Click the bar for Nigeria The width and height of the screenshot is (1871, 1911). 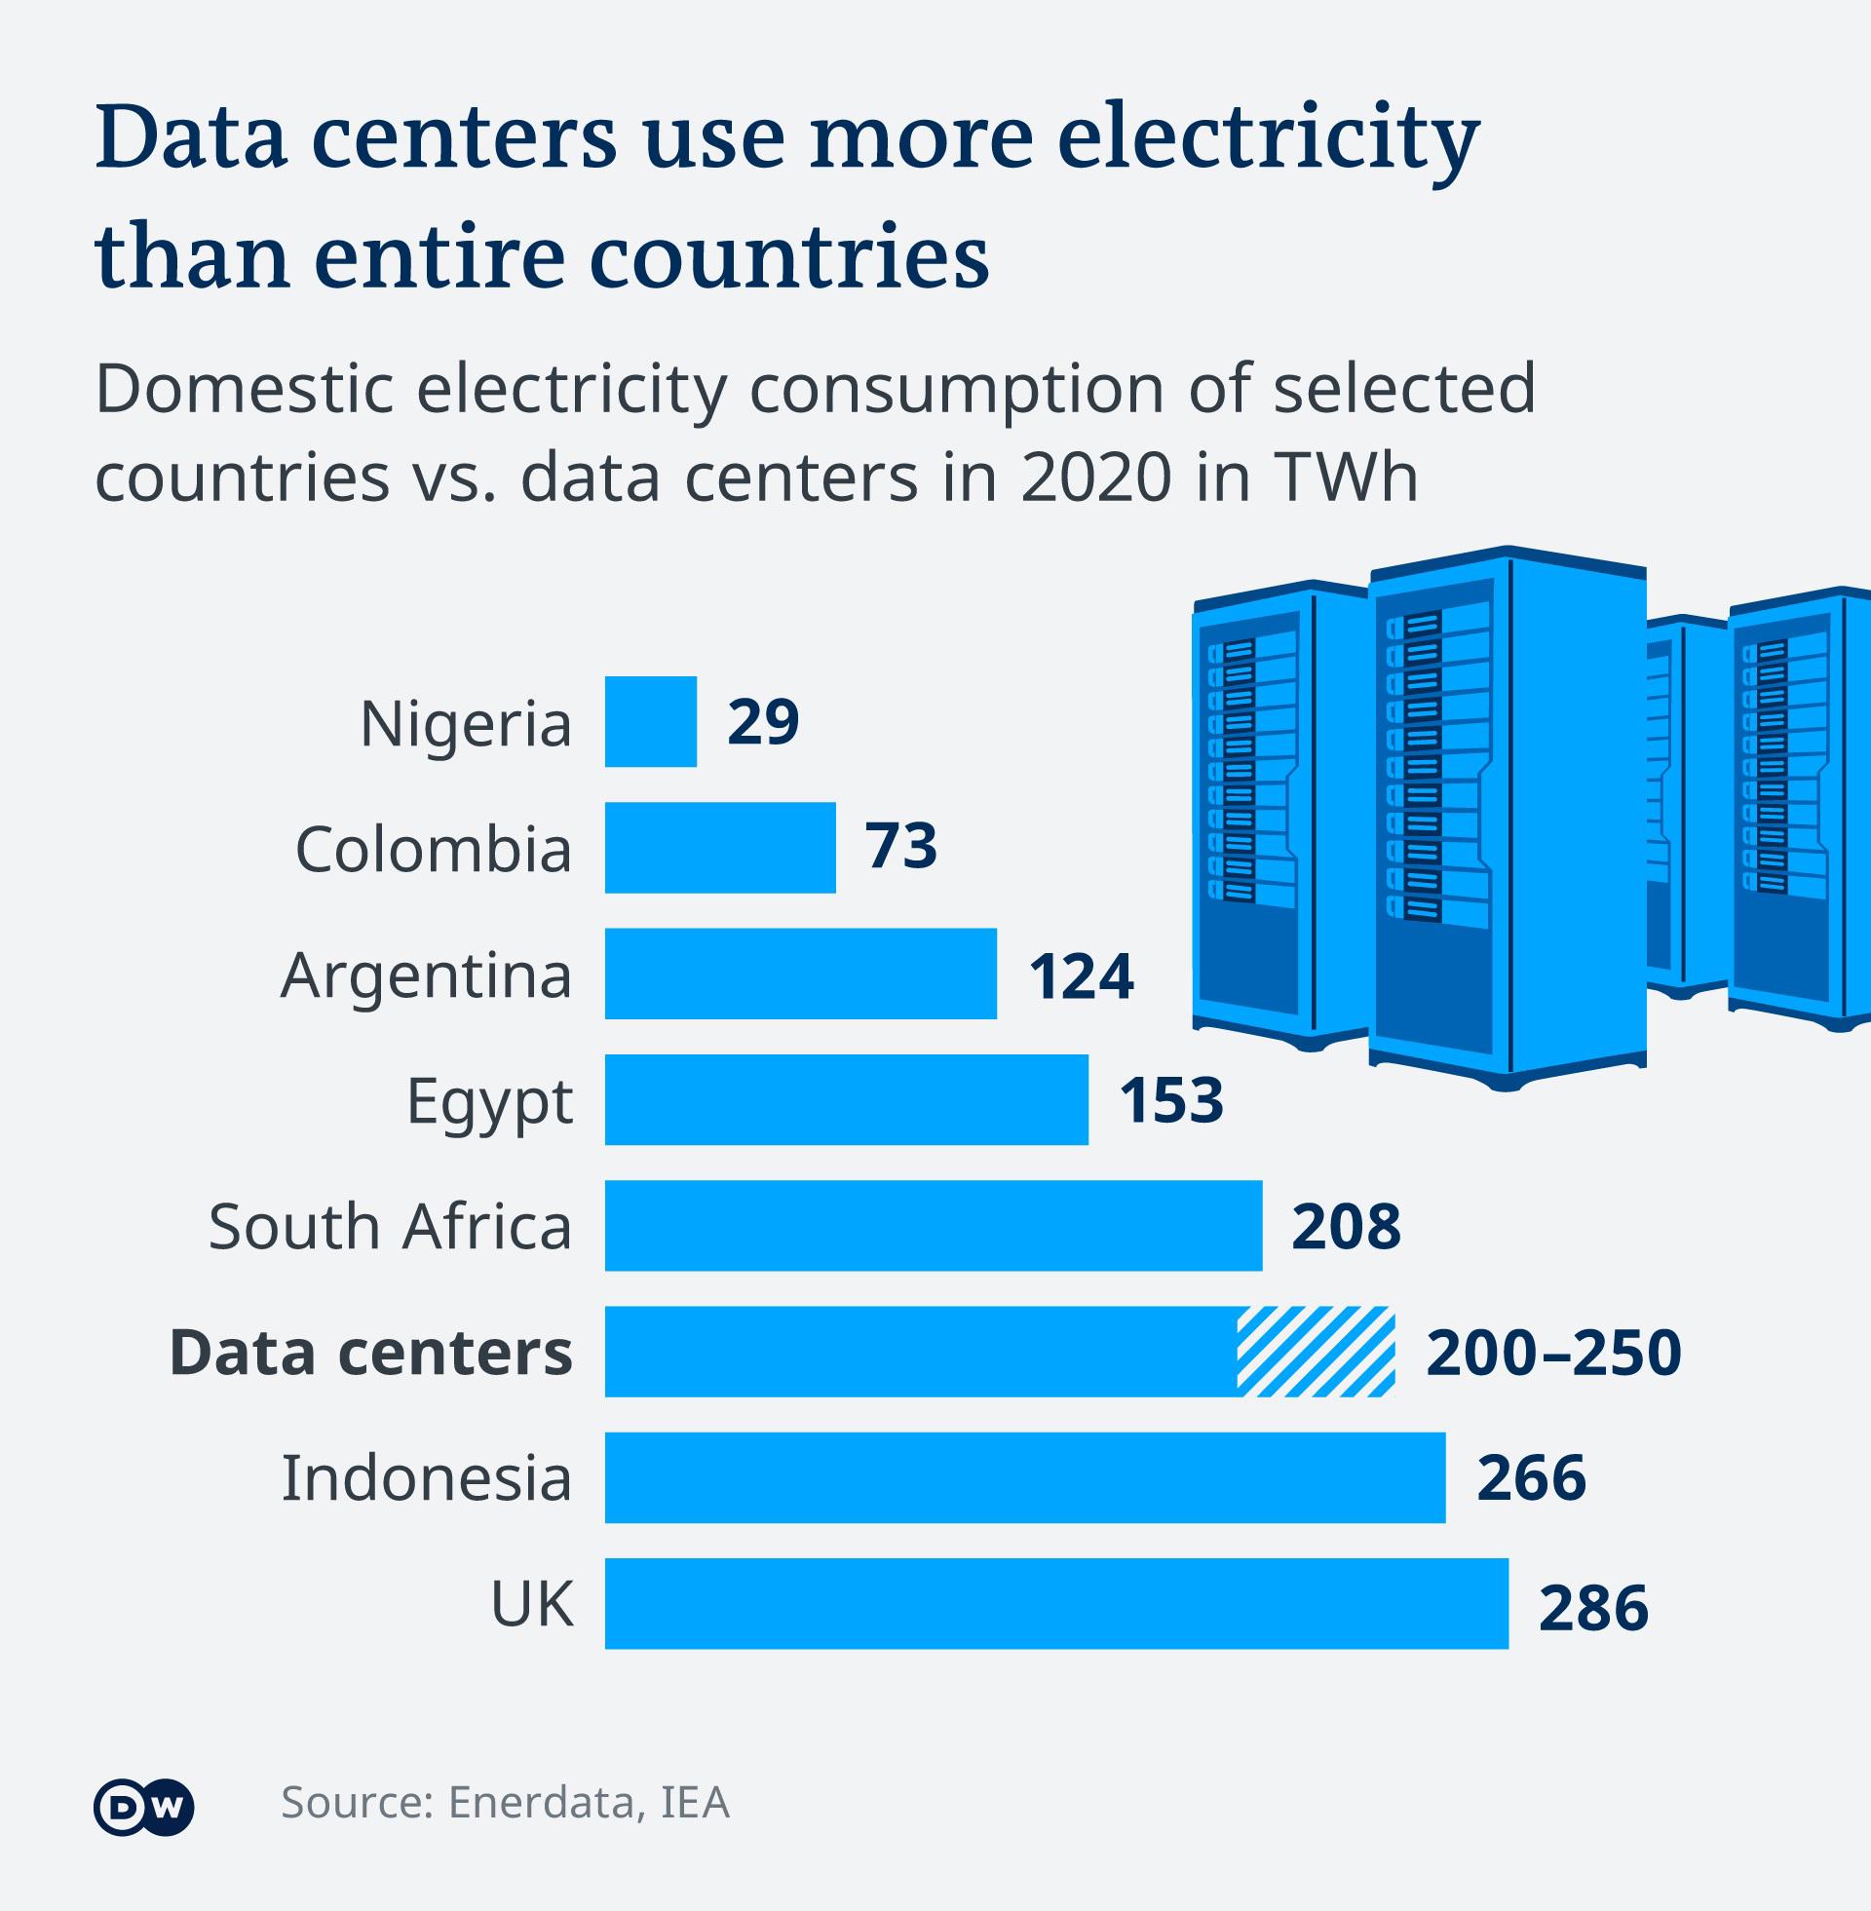pos(651,721)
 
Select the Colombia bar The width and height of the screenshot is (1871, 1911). pos(719,847)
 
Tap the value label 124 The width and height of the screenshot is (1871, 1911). pos(1081,975)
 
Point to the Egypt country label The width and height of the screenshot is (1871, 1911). pos(489,1101)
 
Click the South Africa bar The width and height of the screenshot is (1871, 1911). pos(933,1225)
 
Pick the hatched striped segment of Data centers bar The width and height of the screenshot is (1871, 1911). pos(1315,1351)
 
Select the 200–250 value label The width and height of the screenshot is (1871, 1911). pos(1552,1352)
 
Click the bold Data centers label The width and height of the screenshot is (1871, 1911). pos(370,1352)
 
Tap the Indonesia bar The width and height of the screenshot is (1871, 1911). pos(1024,1476)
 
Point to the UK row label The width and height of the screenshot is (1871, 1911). pos(532,1603)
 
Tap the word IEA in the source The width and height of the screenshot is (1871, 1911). pos(695,1802)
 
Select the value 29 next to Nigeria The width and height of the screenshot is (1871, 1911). pos(763,722)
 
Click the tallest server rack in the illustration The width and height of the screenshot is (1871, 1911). pos(1507,816)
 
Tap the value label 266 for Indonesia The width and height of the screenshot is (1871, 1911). pos(1530,1476)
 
